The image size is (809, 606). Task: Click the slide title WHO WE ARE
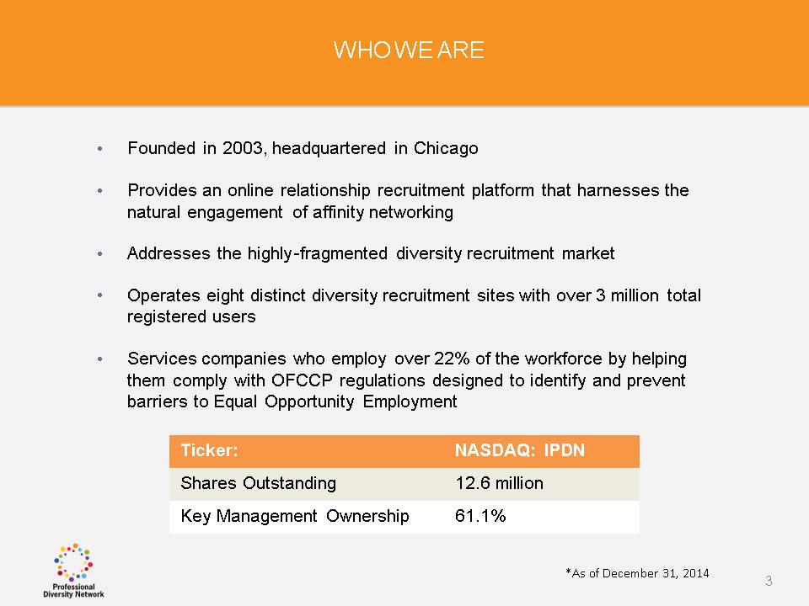point(409,50)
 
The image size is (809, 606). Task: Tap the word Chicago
point(446,149)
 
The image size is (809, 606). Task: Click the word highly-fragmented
point(318,253)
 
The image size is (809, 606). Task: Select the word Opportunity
point(309,401)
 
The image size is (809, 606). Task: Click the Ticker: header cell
point(210,450)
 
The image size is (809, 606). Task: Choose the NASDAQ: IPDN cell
point(520,450)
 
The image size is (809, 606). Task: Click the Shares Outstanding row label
point(259,483)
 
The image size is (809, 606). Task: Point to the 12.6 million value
point(499,483)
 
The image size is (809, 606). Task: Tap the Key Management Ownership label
point(295,516)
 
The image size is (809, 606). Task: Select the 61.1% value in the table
point(480,516)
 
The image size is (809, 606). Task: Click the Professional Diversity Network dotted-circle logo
point(73,570)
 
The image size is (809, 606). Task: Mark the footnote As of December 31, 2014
point(637,573)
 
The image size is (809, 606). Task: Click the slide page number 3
point(769,582)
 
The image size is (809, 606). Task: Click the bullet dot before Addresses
point(100,254)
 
